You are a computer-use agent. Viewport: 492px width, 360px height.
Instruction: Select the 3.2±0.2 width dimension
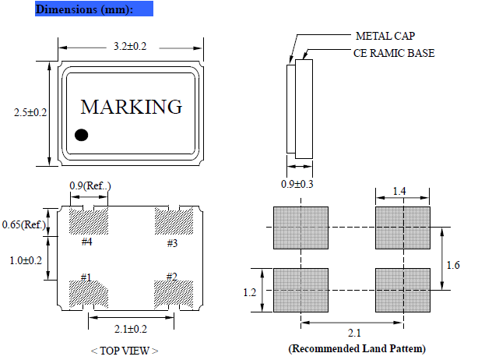tap(129, 47)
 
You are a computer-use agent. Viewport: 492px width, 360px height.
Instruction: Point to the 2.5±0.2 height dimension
tap(30, 113)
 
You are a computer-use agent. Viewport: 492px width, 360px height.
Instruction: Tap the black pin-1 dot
tap(81, 135)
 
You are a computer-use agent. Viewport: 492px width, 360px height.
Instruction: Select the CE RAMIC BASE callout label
tap(394, 53)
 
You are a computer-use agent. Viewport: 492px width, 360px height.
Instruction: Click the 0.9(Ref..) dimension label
tap(90, 185)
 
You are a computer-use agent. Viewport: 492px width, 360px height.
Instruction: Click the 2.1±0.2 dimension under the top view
tap(129, 329)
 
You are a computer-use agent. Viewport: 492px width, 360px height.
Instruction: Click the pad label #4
tap(87, 242)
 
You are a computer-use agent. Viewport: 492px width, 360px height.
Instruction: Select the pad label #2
tap(172, 276)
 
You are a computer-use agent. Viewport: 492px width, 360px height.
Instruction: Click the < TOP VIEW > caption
tap(125, 351)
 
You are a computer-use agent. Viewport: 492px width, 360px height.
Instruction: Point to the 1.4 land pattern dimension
tap(399, 190)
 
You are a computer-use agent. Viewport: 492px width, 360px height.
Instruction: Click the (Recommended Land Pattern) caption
tap(357, 348)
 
